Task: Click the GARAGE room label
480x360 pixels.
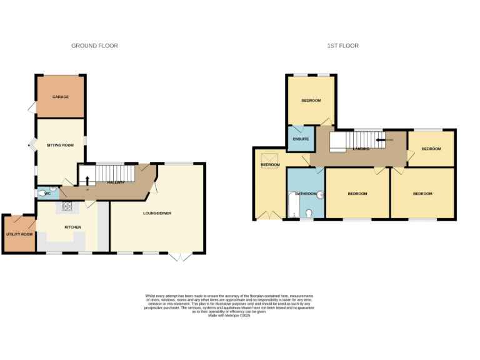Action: pyautogui.click(x=61, y=97)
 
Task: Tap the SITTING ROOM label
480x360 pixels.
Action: pyautogui.click(x=61, y=145)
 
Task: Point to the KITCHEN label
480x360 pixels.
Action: pyautogui.click(x=73, y=227)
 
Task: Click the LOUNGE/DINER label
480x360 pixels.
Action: pyautogui.click(x=157, y=214)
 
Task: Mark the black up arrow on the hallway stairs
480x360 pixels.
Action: pyautogui.click(x=87, y=180)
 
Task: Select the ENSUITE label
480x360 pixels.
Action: pyautogui.click(x=301, y=138)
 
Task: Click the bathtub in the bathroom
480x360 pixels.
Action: pyautogui.click(x=294, y=204)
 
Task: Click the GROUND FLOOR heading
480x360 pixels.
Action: pyautogui.click(x=94, y=46)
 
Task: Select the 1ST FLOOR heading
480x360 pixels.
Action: pyautogui.click(x=342, y=46)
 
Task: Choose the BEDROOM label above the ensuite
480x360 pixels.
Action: pyautogui.click(x=311, y=101)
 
